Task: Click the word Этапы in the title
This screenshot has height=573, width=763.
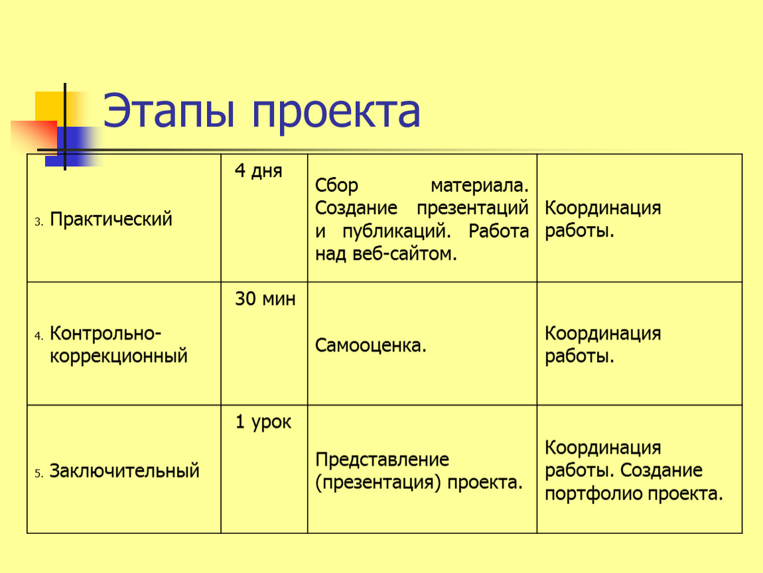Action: coord(169,111)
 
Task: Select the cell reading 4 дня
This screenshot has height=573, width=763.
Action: coord(258,170)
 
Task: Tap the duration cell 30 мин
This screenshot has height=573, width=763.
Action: coord(265,298)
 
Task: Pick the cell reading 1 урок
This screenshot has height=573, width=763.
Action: coord(263,422)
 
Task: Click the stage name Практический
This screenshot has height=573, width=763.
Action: coord(111,220)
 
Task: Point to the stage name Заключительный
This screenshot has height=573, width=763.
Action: coord(125,471)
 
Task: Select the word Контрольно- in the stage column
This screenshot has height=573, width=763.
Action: coord(105,333)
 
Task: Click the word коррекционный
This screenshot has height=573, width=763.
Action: coord(119,357)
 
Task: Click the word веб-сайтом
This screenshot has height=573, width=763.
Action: coord(404,253)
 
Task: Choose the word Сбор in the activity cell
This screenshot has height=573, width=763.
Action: coord(337,186)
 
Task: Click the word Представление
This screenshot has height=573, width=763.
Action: coord(382,460)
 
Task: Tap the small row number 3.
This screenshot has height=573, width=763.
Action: coord(38,222)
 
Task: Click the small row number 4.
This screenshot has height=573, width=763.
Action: coord(38,336)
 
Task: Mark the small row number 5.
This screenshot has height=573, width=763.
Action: coord(38,474)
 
